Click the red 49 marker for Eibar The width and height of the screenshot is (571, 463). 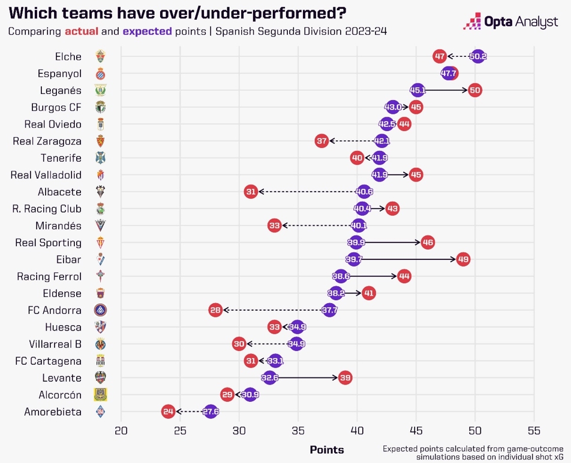462,259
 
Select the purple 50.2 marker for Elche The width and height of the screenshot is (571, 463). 478,57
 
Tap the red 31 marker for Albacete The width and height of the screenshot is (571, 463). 251,192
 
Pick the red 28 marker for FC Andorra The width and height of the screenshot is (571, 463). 215,310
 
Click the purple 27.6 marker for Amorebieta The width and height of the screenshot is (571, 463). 211,411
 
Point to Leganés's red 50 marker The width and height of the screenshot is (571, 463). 475,90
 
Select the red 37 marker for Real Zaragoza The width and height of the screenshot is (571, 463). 321,141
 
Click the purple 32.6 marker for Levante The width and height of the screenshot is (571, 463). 270,378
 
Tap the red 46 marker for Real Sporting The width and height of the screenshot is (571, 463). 427,243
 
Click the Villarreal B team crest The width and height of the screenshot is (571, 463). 100,344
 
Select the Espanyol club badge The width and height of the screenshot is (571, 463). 100,74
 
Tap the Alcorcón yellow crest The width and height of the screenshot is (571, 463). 100,395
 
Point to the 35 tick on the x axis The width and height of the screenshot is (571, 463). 298,430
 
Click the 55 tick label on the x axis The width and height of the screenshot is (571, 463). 533,430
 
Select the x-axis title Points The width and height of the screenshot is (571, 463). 327,449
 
